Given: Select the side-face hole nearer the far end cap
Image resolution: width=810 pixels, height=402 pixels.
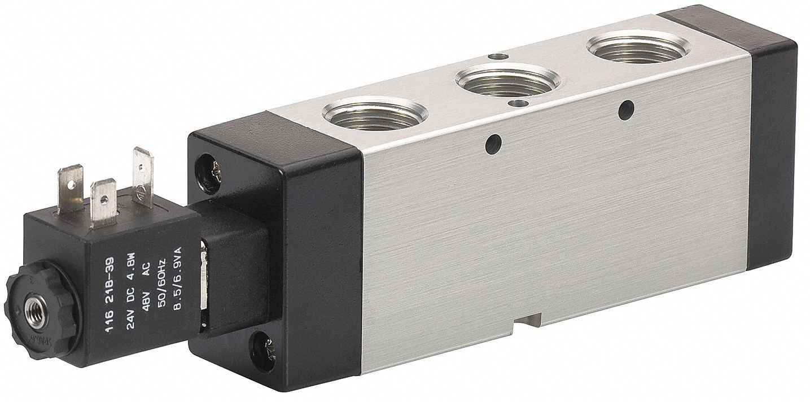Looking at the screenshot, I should coord(623,110).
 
